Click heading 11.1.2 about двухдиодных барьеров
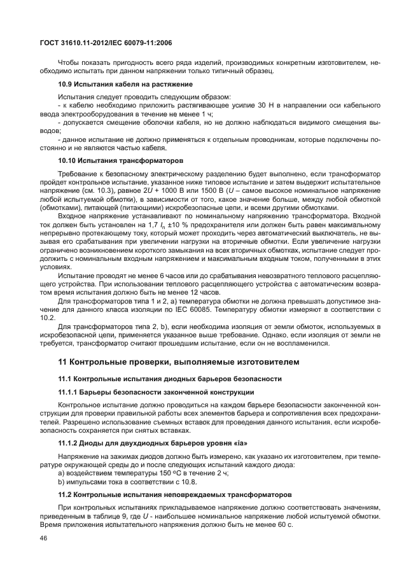[151, 444]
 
